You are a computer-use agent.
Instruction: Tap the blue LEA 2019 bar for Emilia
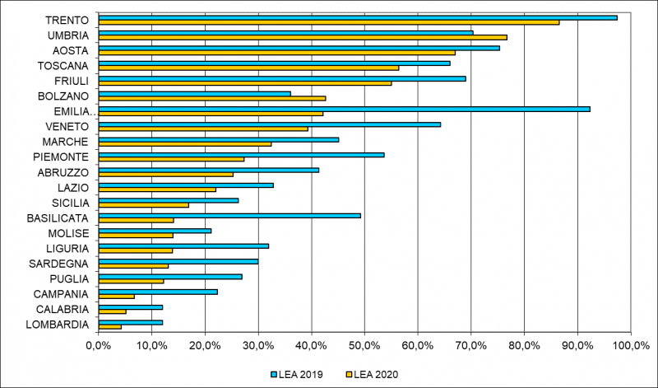coord(344,109)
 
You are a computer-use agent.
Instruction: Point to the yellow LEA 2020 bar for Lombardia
coord(109,327)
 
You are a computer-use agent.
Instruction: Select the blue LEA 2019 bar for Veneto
coord(269,124)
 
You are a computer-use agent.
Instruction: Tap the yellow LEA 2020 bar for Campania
coord(116,297)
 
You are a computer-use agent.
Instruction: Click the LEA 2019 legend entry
coord(296,374)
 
